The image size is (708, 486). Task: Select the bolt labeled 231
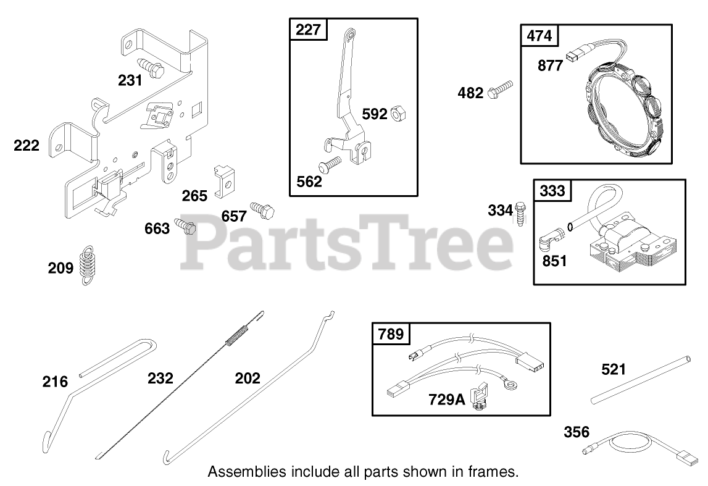tap(152, 66)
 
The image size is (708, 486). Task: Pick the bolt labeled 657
tap(262, 211)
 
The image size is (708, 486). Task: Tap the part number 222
tap(27, 146)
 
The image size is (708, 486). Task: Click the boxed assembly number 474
tap(539, 36)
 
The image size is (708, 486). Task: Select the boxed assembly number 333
tap(552, 191)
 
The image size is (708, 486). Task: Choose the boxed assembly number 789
tap(391, 334)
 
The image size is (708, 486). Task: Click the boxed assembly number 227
tap(309, 30)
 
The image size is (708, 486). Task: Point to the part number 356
tap(577, 432)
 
